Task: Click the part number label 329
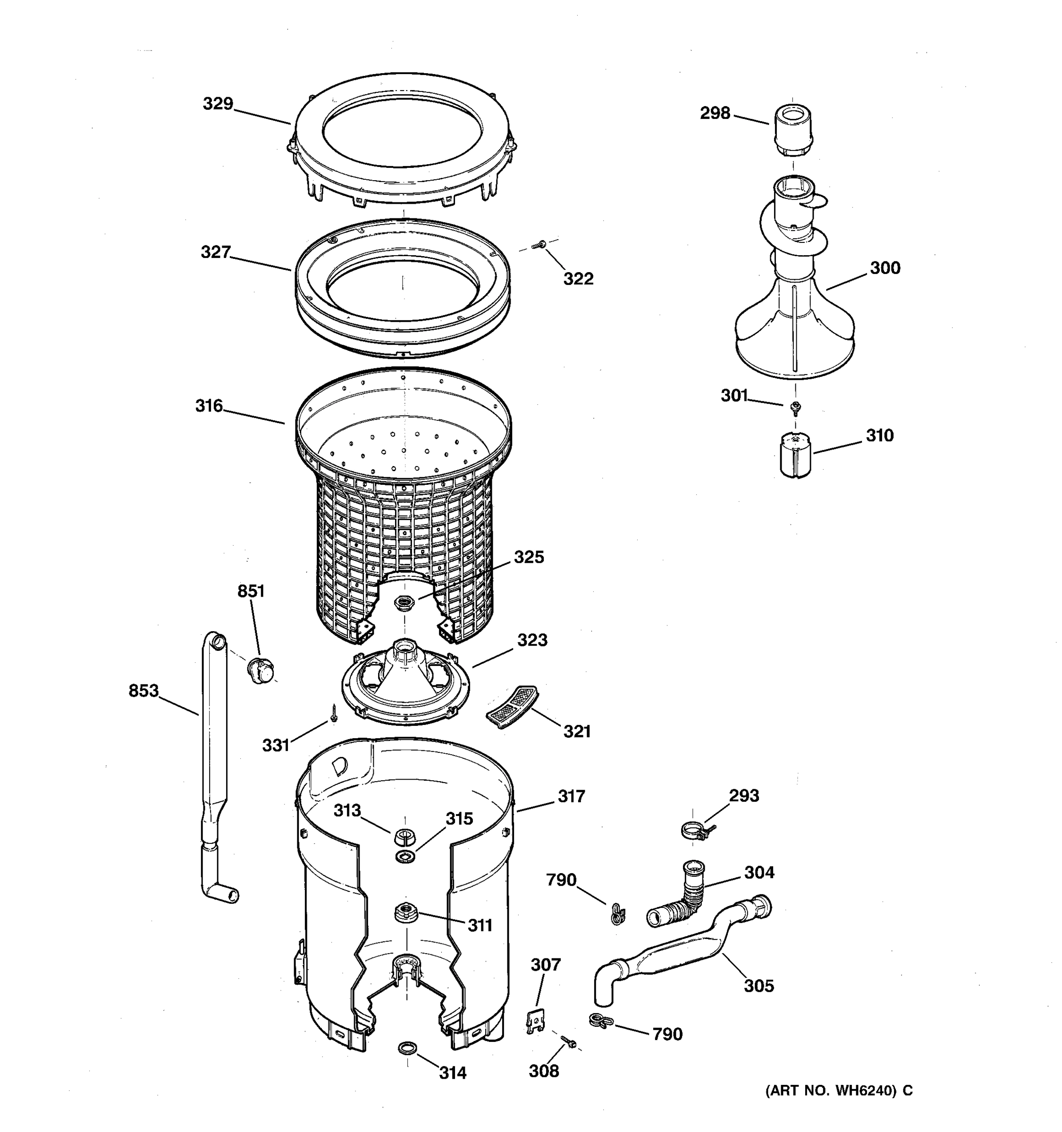pos(218,104)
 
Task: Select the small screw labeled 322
pos(537,245)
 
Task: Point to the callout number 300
pos(885,267)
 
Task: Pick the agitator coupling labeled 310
pos(795,455)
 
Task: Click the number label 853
pos(143,691)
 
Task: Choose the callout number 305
pos(759,986)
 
